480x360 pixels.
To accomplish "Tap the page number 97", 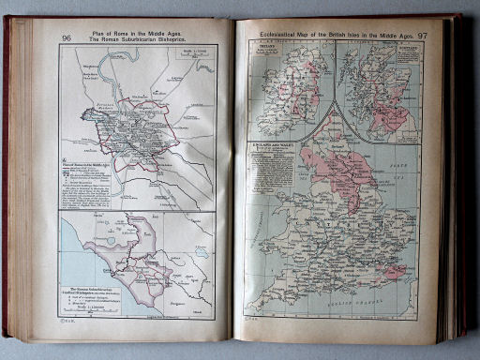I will click(x=423, y=36).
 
